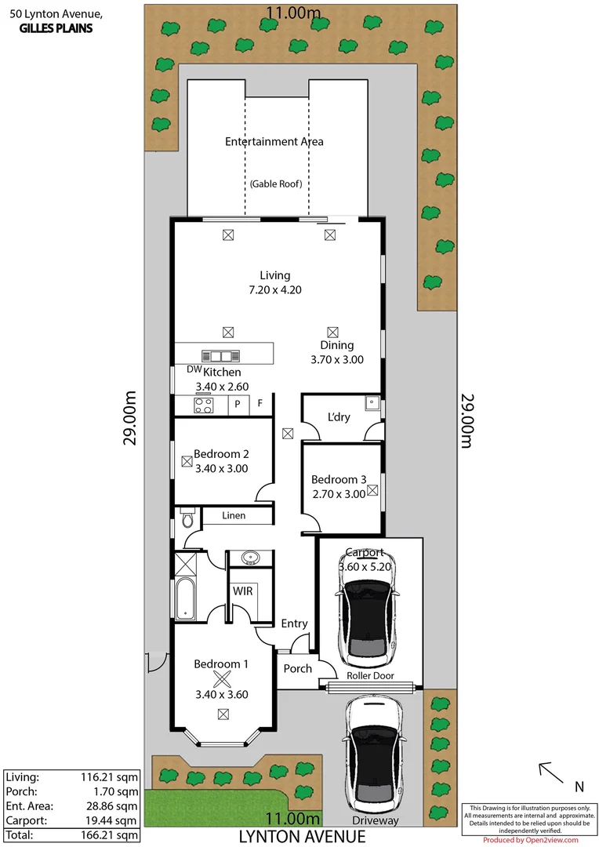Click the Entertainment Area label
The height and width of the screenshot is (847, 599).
click(274, 142)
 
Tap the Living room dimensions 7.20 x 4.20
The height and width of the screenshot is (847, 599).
click(274, 289)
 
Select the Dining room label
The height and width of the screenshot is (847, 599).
click(336, 345)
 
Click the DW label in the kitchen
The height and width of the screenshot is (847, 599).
click(194, 369)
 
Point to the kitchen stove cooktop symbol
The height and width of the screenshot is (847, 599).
click(204, 405)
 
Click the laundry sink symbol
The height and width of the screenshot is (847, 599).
click(372, 404)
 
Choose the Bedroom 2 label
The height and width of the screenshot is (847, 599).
click(221, 454)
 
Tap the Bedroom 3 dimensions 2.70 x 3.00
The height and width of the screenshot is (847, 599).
click(338, 494)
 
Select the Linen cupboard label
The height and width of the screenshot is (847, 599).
click(233, 515)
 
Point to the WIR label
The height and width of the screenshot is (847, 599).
click(242, 591)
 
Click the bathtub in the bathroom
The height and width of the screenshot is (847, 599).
click(186, 598)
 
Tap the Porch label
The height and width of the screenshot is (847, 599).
click(297, 669)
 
